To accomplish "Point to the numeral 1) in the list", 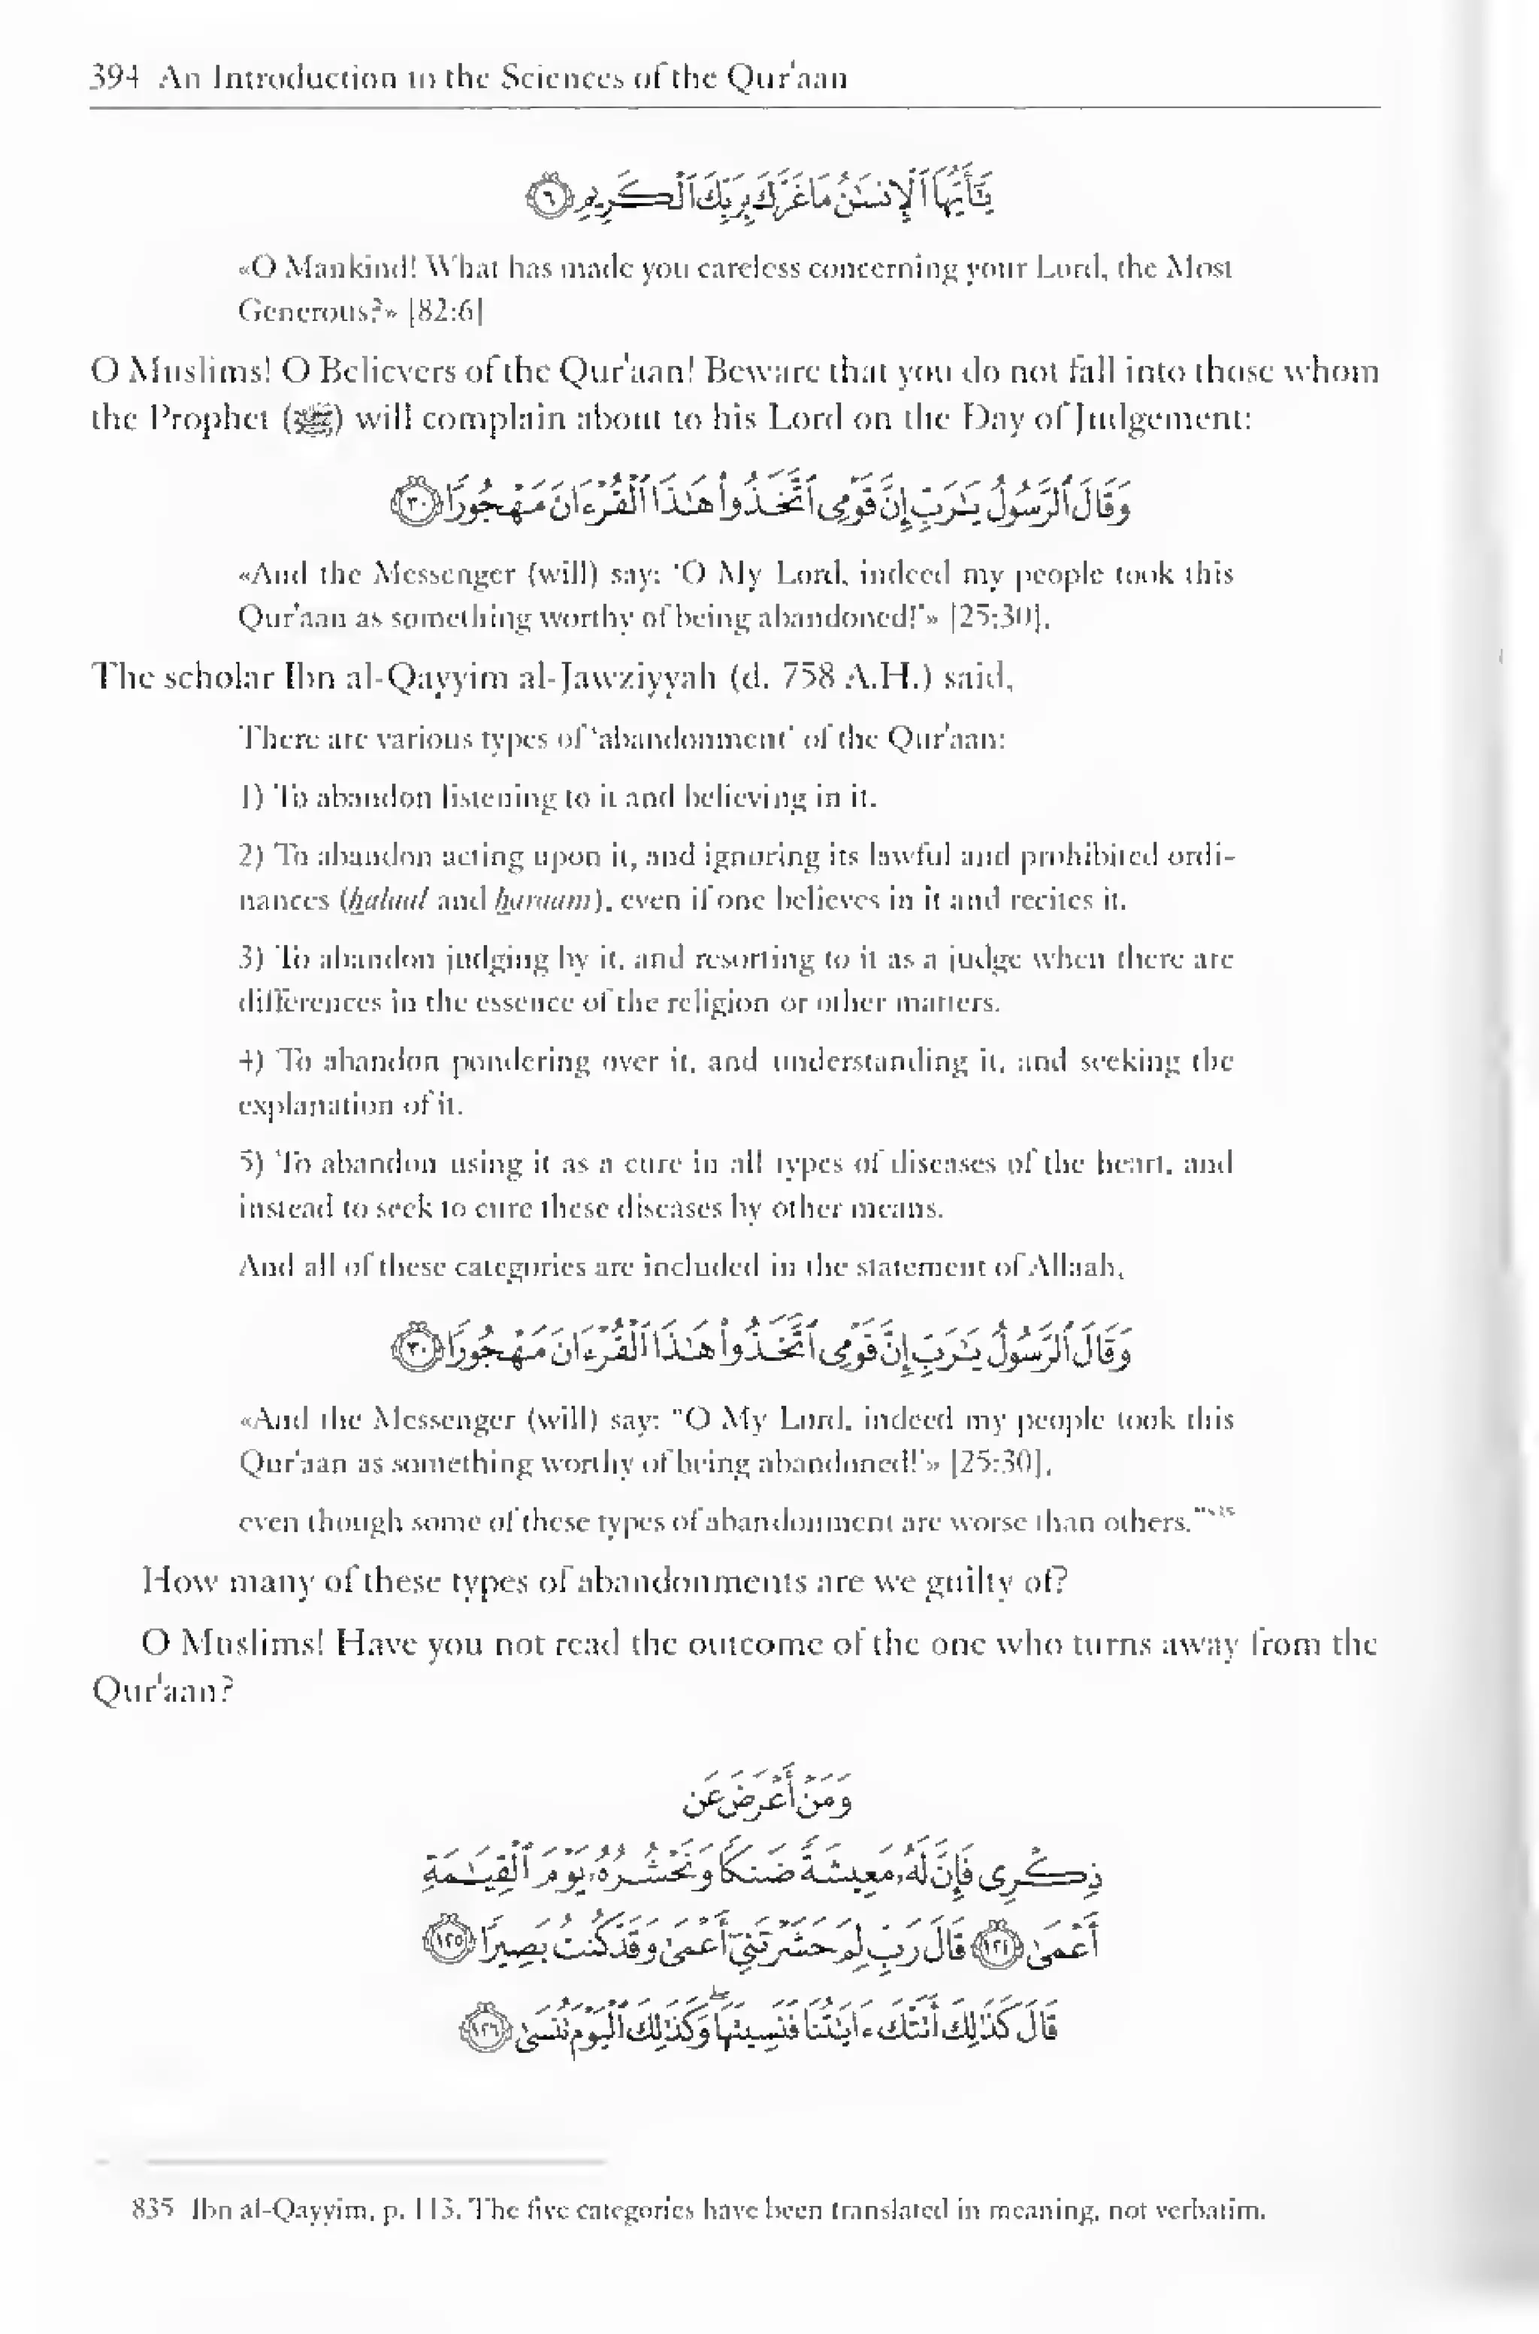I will click(251, 796).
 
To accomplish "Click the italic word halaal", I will click(388, 899).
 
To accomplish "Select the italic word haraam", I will click(543, 899).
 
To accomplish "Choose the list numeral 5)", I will click(251, 1163).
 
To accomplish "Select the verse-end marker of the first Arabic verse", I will click(542, 199).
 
